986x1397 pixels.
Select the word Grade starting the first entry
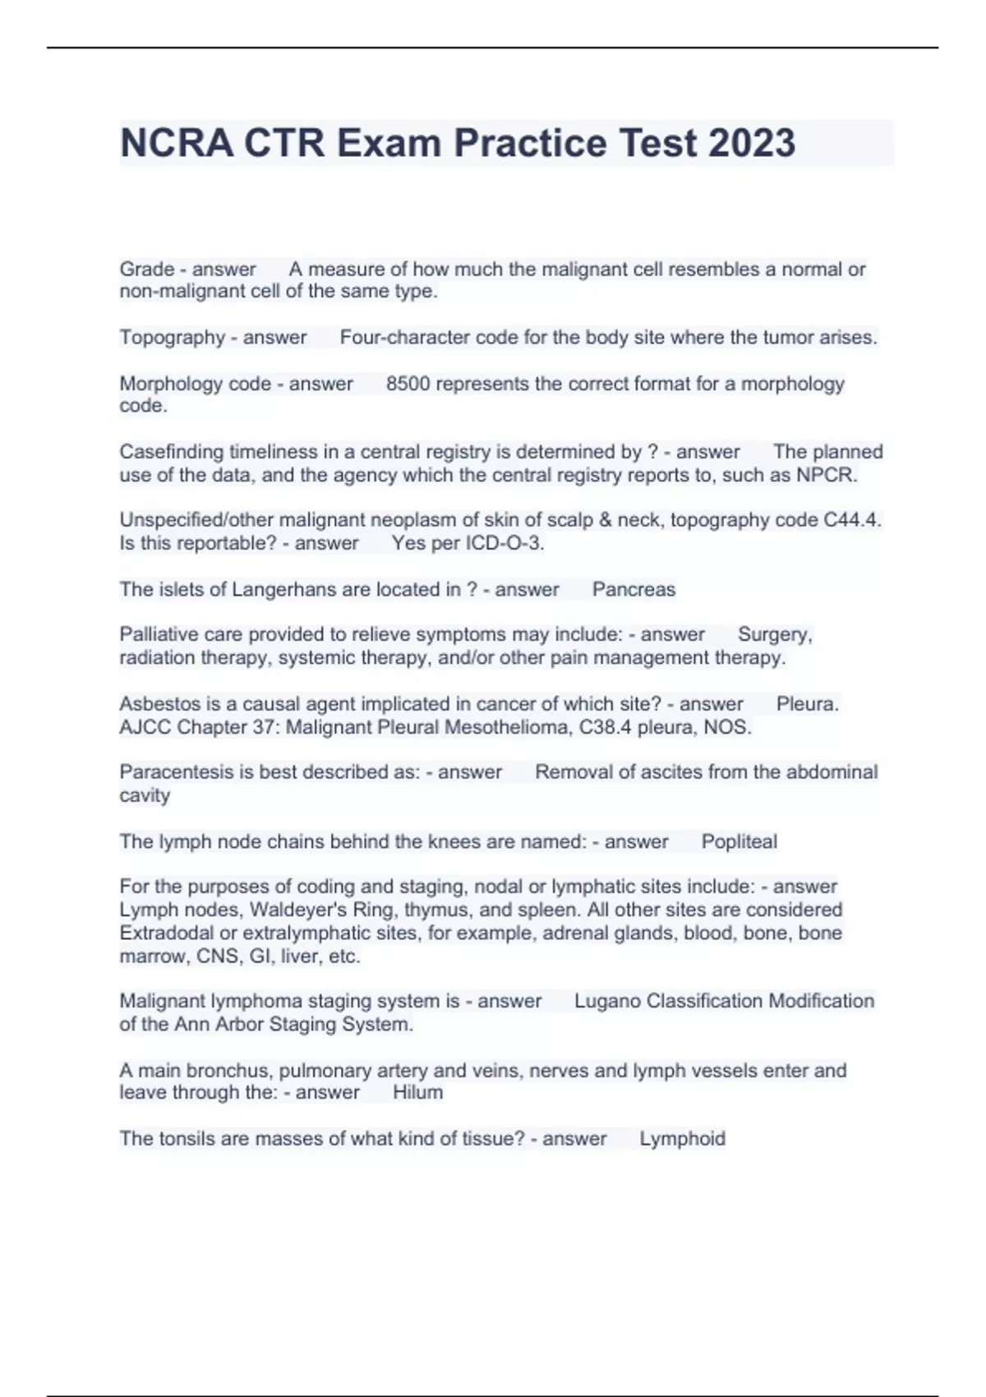tap(147, 270)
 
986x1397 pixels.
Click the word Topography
tap(173, 338)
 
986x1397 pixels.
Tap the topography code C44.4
tap(851, 520)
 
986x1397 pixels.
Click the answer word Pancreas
tap(634, 589)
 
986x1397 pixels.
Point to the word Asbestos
tap(156, 704)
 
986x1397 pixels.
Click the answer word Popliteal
tap(739, 841)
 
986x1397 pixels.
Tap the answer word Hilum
tap(417, 1092)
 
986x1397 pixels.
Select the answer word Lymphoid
tap(682, 1139)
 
